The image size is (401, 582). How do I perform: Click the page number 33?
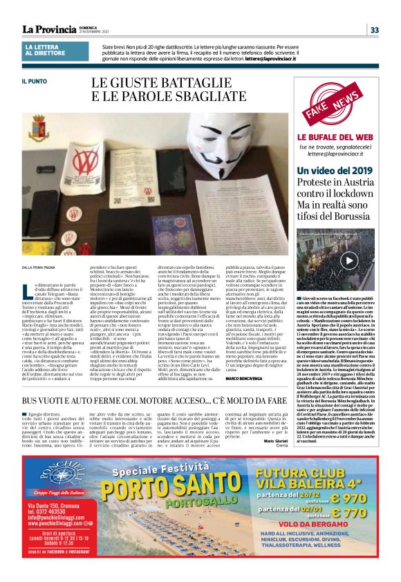click(x=375, y=30)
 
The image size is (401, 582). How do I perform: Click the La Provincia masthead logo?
click(x=49, y=29)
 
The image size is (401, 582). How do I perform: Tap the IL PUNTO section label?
click(x=32, y=82)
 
